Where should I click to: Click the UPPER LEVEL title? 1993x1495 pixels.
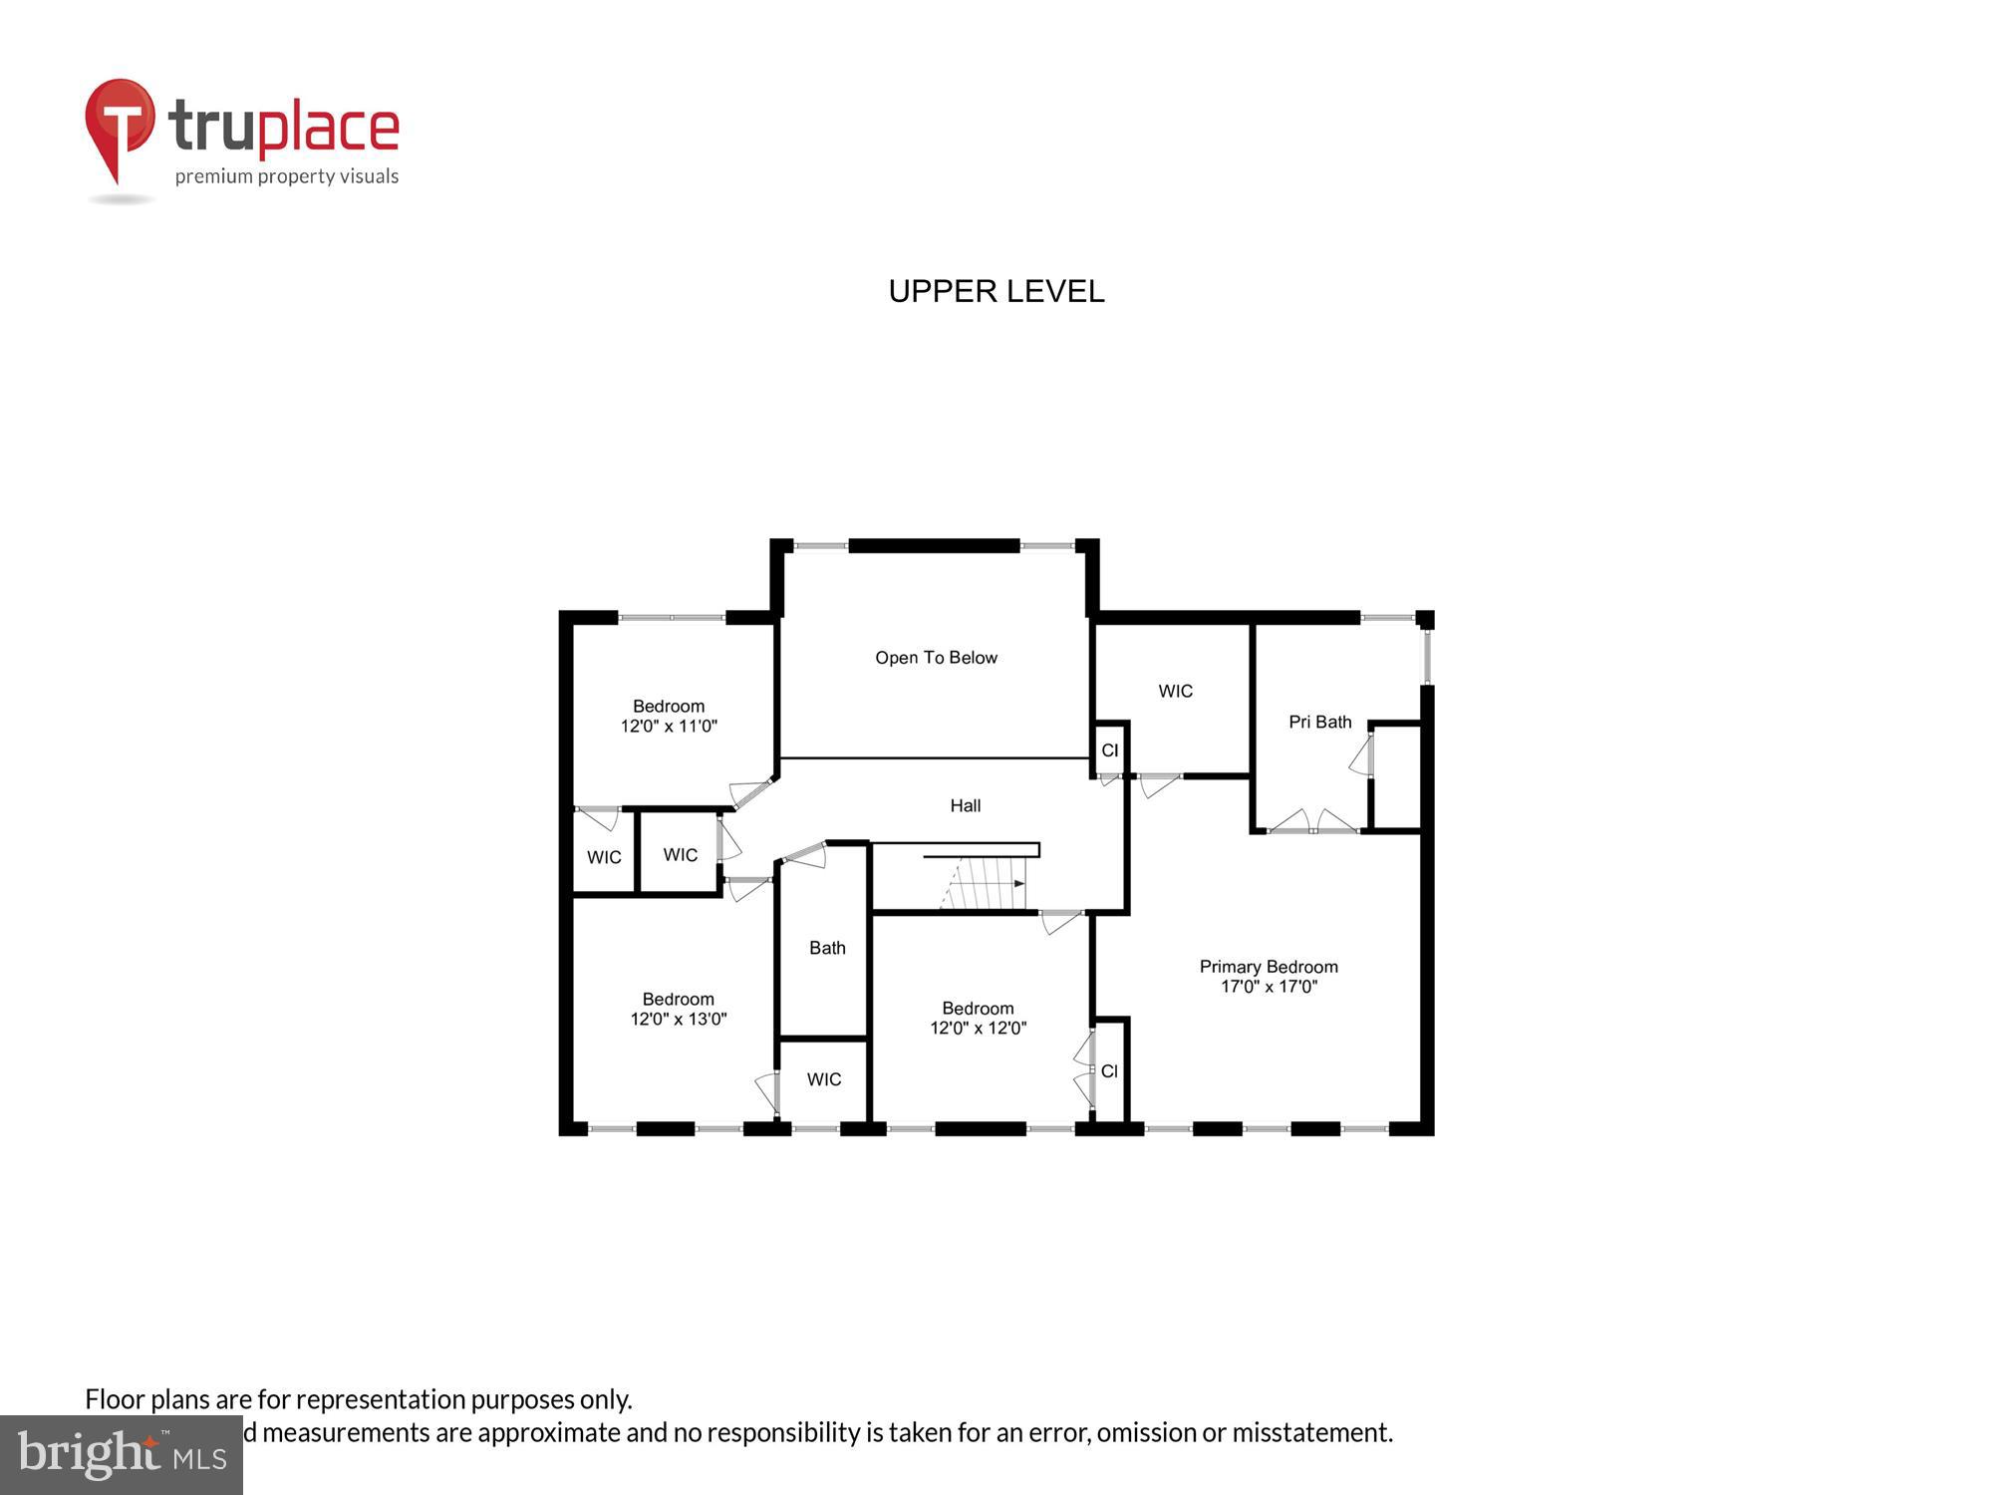(x=996, y=291)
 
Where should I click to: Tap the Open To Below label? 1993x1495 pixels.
(x=936, y=658)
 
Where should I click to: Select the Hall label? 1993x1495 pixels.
(x=965, y=805)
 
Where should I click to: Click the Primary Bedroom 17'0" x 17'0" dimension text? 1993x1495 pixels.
(x=1269, y=987)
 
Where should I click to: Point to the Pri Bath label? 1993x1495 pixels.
(x=1319, y=722)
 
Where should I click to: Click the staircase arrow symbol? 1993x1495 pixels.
(x=1017, y=883)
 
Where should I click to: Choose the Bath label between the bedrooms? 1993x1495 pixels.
(x=827, y=948)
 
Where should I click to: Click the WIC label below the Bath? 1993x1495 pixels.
(x=824, y=1079)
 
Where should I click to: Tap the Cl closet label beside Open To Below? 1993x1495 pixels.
(x=1109, y=750)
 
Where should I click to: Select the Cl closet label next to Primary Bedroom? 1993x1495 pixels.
(x=1109, y=1071)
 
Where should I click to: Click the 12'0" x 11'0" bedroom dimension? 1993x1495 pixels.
(x=669, y=727)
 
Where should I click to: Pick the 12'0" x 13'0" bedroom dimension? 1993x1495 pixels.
(x=678, y=1020)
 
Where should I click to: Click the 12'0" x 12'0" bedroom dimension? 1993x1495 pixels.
(x=978, y=1029)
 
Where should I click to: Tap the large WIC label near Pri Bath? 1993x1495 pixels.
(x=1175, y=691)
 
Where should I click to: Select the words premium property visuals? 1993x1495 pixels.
(x=287, y=177)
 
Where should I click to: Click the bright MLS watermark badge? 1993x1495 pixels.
(x=121, y=1455)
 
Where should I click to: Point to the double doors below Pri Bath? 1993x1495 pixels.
(x=1312, y=823)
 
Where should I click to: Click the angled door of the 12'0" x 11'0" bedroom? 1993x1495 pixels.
(x=752, y=792)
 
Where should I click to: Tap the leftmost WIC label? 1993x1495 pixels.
(x=604, y=857)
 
